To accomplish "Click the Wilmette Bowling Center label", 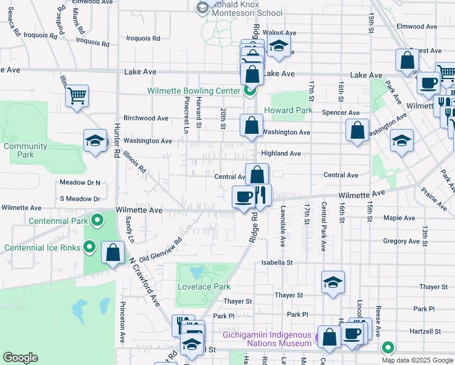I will pos(194,91).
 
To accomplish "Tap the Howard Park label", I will pos(288,111).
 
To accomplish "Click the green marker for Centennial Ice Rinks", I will pos(89,247).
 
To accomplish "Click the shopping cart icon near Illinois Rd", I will pos(77,96).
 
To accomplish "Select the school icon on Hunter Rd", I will pos(95,141).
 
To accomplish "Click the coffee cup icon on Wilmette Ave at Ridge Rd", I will pos(244,197).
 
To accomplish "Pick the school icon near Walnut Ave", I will pos(279,46).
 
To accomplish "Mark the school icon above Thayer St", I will pos(333,282).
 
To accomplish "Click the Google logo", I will pos(21,358).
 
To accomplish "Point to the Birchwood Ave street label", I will pos(146,118).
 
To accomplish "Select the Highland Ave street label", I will pos(281,154).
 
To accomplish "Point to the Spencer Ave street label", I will pos(341,113).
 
